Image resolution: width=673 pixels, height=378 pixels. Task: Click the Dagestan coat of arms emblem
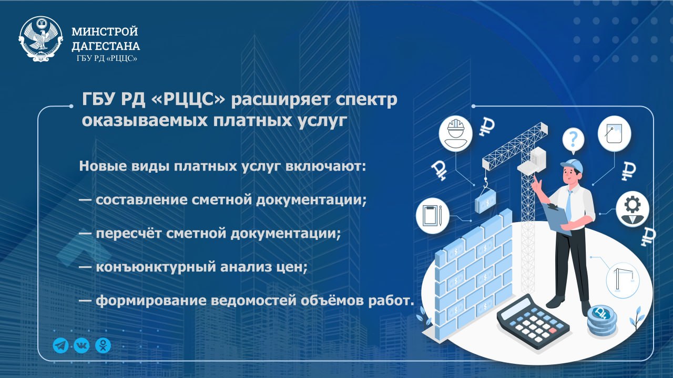point(41,40)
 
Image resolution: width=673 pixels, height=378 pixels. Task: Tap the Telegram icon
point(61,345)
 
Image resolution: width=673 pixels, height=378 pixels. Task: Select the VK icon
point(81,345)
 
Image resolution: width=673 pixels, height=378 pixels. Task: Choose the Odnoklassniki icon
point(103,345)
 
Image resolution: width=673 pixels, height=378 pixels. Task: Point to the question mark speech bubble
point(574,140)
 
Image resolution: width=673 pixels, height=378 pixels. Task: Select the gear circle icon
point(632,207)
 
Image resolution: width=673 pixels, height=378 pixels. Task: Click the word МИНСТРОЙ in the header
point(105,32)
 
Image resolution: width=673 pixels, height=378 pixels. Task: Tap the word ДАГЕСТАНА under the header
point(105,46)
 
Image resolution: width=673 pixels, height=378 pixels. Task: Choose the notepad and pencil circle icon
point(432,215)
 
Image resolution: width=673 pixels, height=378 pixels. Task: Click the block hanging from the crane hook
point(485,201)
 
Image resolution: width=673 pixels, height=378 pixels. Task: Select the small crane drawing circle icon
point(623,278)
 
